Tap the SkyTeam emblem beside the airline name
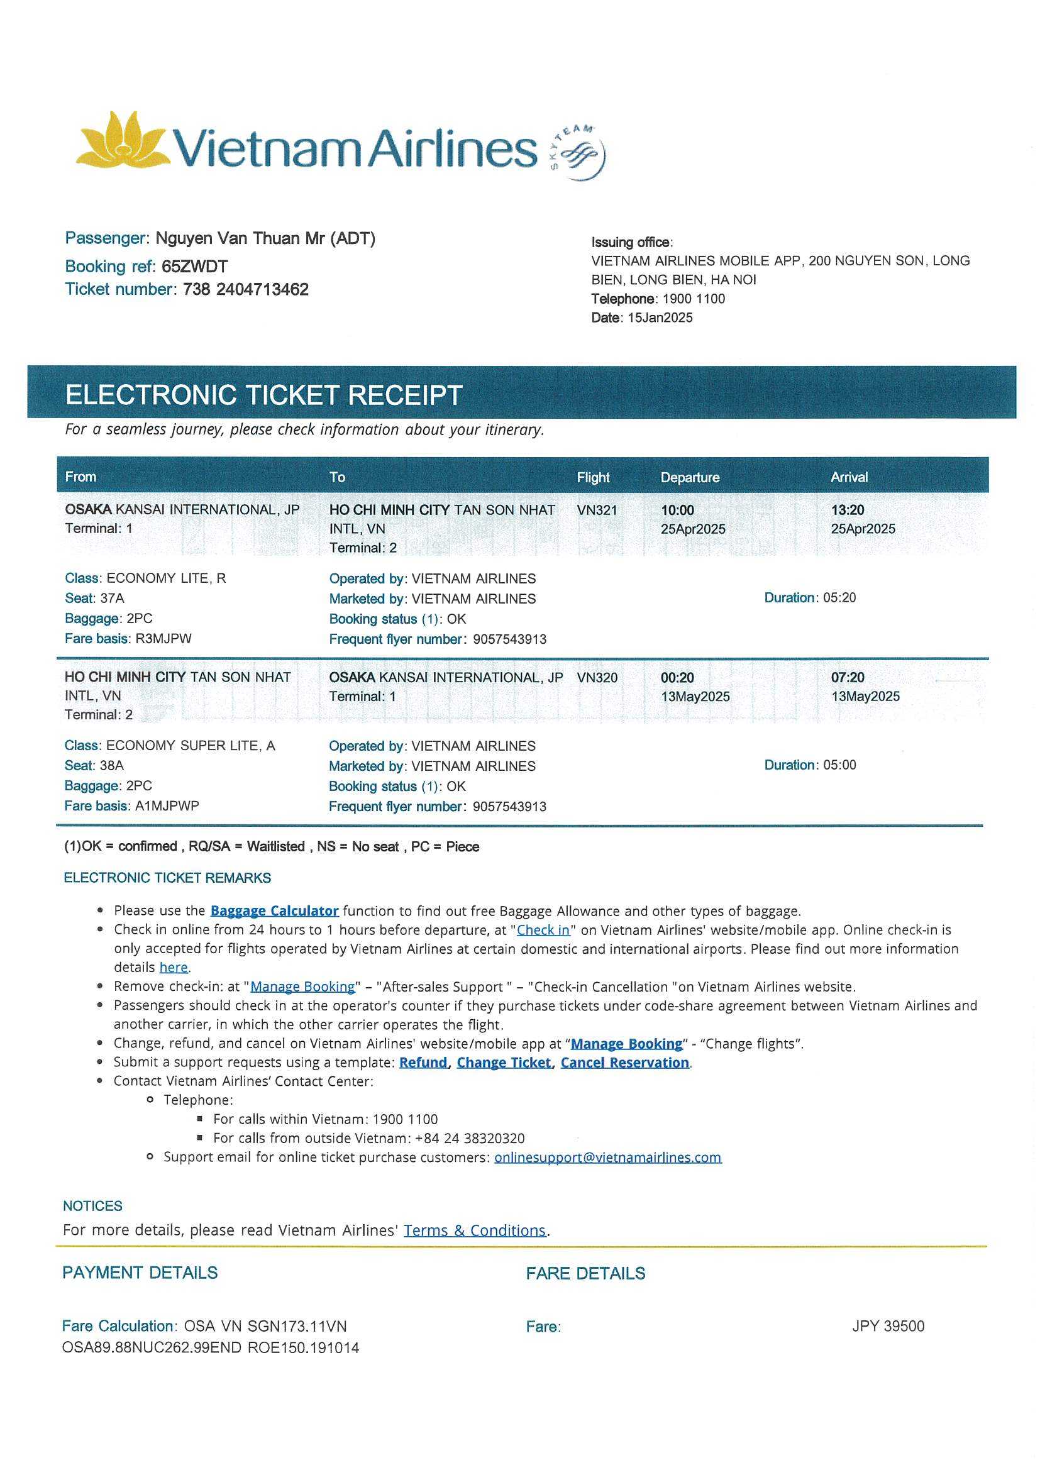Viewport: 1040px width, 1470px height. tap(578, 153)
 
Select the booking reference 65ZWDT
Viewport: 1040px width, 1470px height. tap(194, 267)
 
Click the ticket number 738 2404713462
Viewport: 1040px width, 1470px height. tap(245, 289)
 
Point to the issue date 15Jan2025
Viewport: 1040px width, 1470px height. tap(660, 318)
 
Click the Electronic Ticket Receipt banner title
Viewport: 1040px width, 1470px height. tap(263, 394)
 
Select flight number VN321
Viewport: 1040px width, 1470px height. tap(597, 511)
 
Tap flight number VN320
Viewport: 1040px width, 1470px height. tap(597, 677)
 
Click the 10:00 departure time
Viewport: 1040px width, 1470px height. tap(678, 511)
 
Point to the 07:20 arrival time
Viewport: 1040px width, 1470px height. tap(847, 677)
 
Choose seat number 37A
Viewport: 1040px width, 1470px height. tap(112, 598)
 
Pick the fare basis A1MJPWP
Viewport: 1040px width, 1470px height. tap(167, 805)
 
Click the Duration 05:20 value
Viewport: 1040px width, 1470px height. tap(839, 597)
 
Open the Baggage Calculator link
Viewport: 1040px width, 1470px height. tap(274, 910)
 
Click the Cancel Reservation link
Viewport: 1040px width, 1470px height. tap(624, 1062)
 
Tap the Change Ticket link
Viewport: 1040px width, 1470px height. tap(504, 1062)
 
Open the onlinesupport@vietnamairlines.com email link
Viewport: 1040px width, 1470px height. tap(607, 1157)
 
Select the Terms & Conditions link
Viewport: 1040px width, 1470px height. tap(474, 1230)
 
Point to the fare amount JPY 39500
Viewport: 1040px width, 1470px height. tap(888, 1326)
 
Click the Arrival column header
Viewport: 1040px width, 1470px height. tap(848, 477)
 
